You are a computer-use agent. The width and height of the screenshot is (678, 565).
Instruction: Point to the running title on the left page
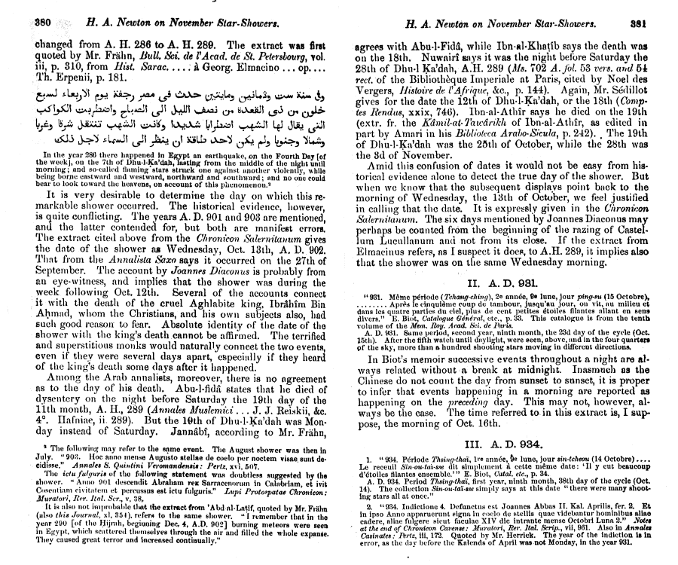click(185, 23)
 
